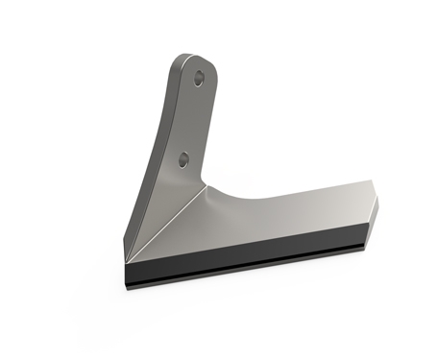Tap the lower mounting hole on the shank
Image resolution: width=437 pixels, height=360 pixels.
tap(182, 158)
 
